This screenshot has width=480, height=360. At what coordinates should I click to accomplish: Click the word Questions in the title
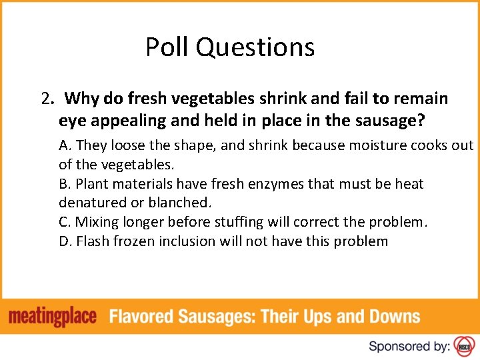pos(255,48)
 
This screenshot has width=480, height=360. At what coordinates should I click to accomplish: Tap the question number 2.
pos(47,99)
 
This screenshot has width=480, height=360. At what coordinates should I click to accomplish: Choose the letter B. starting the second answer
pos(65,183)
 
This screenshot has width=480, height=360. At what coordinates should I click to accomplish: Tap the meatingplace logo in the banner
pos(53,317)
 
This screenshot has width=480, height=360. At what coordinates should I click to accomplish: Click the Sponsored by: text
pos(409,345)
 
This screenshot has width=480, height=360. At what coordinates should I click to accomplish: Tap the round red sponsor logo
pos(464,345)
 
